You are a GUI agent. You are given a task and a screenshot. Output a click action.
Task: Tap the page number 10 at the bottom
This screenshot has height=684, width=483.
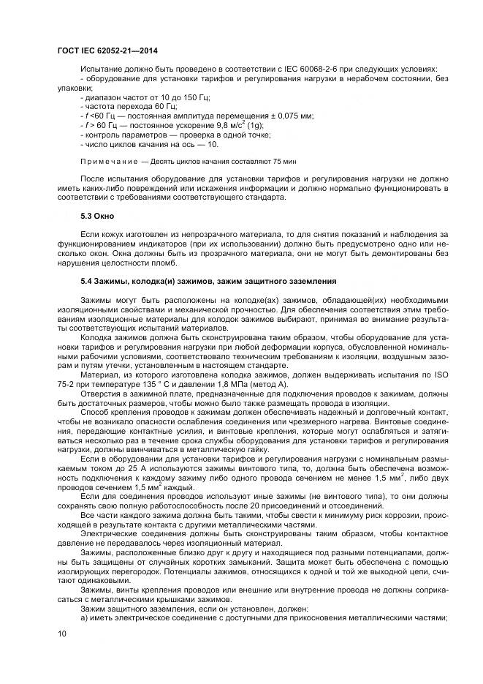pos(62,634)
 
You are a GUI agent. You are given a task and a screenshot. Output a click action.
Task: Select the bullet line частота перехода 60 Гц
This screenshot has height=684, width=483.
pos(129,106)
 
